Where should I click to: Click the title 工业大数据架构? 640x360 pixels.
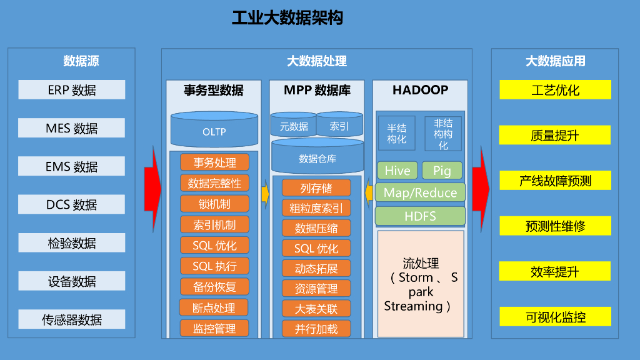coord(287,17)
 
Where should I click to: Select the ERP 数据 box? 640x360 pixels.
coord(71,90)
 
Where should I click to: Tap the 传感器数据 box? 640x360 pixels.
coord(71,320)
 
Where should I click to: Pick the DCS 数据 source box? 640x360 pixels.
coord(71,205)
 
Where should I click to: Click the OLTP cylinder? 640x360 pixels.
coord(214,131)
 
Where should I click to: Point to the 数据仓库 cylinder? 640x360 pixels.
coord(317,158)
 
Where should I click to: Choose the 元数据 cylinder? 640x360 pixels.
coord(294,126)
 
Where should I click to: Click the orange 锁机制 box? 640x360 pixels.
coord(214,204)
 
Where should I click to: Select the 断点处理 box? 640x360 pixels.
coord(214,307)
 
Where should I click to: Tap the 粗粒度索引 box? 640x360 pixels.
coord(316,208)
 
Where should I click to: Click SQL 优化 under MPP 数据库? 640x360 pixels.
coord(316,248)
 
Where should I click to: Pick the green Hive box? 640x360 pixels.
coord(397,171)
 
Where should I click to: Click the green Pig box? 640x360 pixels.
coord(442,171)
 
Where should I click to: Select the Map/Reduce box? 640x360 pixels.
coord(420,192)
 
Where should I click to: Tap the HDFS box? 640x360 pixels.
coord(420,216)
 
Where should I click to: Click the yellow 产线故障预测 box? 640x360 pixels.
coord(555,181)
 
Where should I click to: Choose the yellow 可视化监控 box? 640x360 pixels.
coord(555,317)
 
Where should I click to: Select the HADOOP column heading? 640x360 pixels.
coord(420,90)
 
